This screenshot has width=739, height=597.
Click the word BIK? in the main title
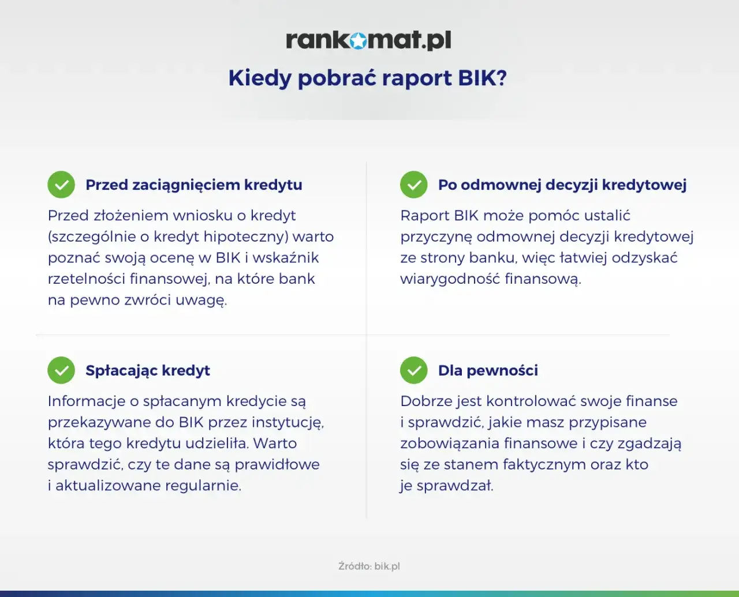pyautogui.click(x=482, y=78)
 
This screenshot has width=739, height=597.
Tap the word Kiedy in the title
pyautogui.click(x=260, y=78)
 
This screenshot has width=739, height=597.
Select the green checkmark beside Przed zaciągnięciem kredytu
pyautogui.click(x=61, y=185)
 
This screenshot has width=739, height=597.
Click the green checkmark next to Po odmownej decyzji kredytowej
pyautogui.click(x=413, y=185)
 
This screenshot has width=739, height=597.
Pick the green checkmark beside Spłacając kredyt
pyautogui.click(x=61, y=370)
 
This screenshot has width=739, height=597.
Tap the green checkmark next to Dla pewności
pyautogui.click(x=413, y=370)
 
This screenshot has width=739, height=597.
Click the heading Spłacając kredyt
pyautogui.click(x=148, y=371)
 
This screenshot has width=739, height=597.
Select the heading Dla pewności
pyautogui.click(x=488, y=370)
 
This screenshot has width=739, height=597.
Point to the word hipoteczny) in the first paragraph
pyautogui.click(x=246, y=237)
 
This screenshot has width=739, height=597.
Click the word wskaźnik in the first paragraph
pyautogui.click(x=286, y=258)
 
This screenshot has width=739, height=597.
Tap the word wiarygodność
pyautogui.click(x=450, y=279)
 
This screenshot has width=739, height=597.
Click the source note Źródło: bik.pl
pyautogui.click(x=369, y=566)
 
